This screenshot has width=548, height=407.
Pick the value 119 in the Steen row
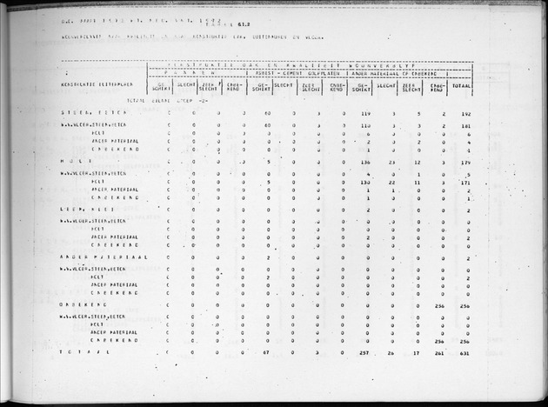click(366, 114)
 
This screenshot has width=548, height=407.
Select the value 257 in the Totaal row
click(366, 353)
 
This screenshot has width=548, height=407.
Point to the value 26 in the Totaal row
click(392, 353)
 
